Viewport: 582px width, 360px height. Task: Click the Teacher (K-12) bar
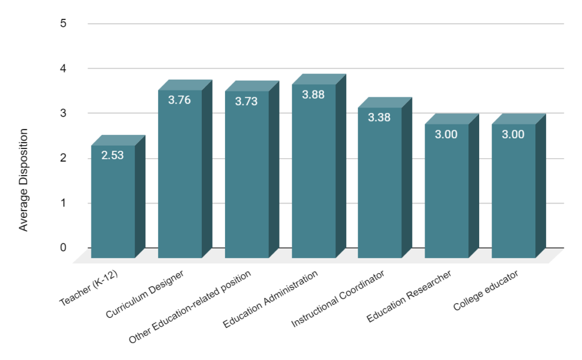(113, 205)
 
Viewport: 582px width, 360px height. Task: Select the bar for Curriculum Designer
(180, 176)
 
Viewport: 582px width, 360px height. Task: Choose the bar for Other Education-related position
(247, 176)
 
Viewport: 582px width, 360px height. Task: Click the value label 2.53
(113, 154)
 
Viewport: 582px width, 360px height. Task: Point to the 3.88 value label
(313, 95)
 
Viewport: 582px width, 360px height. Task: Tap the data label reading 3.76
(180, 100)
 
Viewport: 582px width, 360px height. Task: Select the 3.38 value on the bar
(379, 118)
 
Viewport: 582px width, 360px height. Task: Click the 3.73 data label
(246, 101)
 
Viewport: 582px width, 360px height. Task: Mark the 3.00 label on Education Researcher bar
(446, 135)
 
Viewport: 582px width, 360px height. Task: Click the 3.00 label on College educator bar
(513, 135)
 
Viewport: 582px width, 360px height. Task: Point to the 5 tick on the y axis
(63, 24)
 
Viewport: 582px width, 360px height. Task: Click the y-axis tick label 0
(63, 247)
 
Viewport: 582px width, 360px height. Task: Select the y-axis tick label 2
(63, 158)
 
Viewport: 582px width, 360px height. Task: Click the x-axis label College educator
(486, 291)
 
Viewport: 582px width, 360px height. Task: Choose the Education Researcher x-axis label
(409, 296)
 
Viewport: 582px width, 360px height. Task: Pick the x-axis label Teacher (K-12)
(89, 289)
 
